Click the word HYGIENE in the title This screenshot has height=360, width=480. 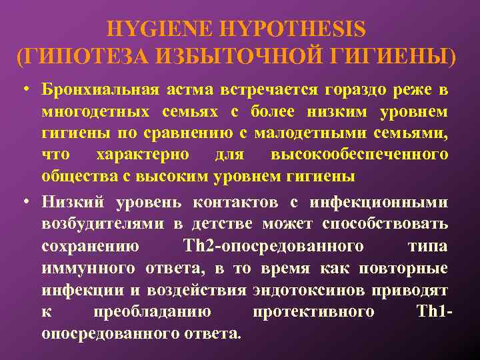(158, 29)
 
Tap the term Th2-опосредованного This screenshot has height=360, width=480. (273, 247)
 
